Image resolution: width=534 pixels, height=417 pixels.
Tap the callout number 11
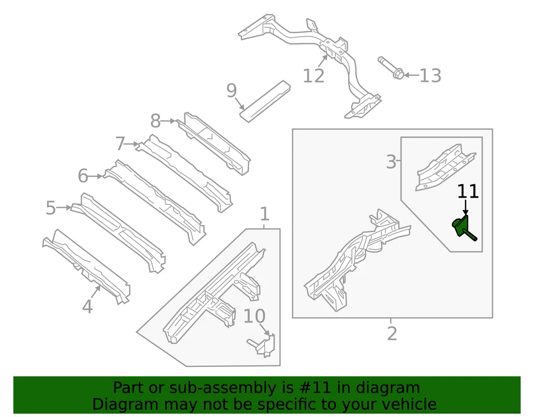coord(468,192)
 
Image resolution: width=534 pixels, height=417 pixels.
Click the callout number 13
coord(429,76)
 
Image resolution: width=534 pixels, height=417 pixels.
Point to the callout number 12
coord(313,76)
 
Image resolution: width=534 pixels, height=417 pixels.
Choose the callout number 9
coord(231,91)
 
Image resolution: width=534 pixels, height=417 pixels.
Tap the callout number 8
coord(156,121)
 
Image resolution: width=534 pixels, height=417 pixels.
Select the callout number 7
coord(121,144)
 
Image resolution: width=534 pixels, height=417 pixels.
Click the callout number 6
coord(83,176)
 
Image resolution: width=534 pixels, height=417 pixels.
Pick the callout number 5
coord(51,209)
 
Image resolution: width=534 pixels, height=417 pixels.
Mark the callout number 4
coord(87,306)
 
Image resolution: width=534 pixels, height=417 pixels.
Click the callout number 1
coord(265,214)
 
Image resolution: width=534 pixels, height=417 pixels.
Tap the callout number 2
coord(392,333)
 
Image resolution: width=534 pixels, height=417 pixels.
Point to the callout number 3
coord(391,162)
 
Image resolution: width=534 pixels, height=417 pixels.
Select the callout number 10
coord(254,316)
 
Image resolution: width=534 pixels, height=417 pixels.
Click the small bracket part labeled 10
coord(263,344)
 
